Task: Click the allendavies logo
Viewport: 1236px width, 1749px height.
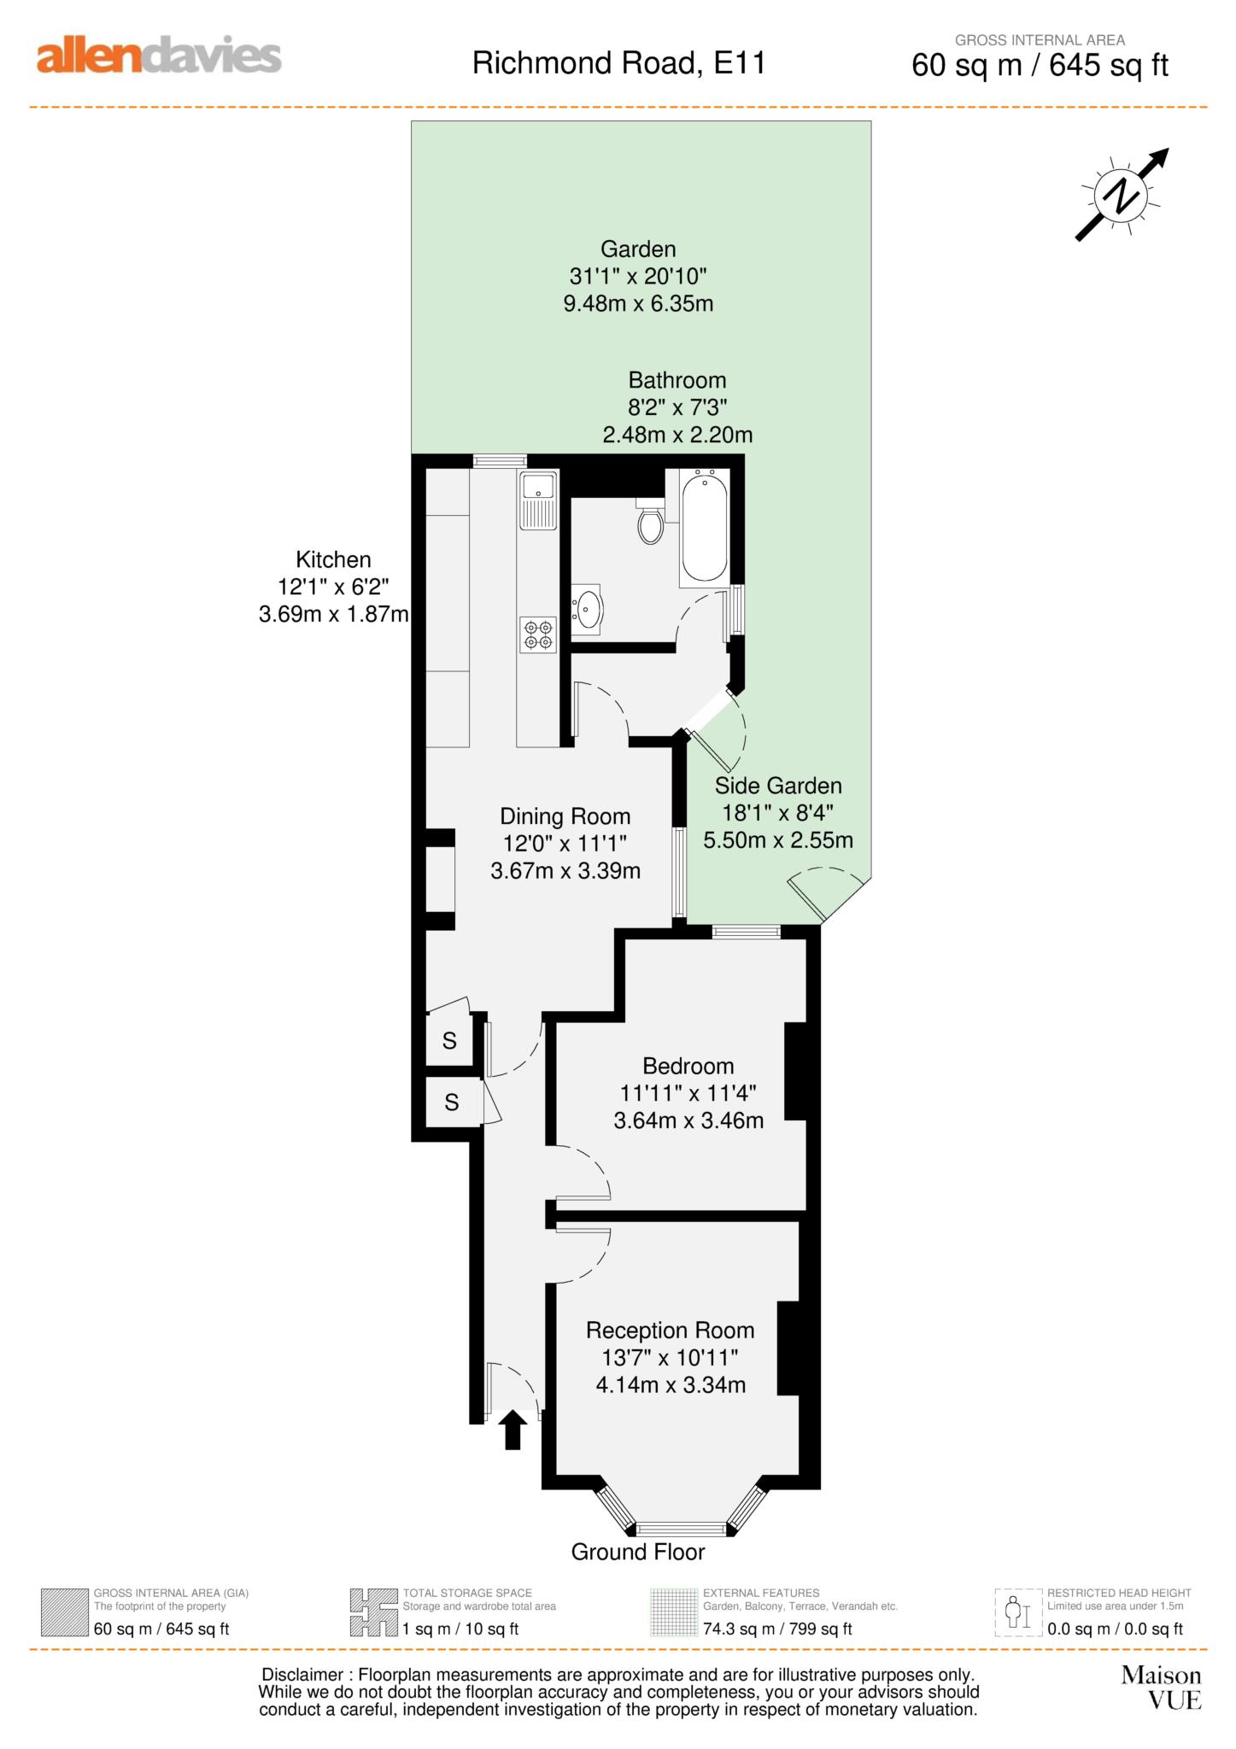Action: coord(159,56)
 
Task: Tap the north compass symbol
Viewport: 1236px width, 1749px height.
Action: coord(1122,196)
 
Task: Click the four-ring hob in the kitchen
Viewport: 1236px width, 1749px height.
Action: coord(538,635)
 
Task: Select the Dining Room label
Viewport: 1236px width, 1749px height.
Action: coord(565,816)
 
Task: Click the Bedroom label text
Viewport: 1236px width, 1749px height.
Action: coord(688,1066)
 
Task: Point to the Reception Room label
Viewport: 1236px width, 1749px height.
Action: coord(670,1331)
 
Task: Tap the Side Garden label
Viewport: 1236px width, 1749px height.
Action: coord(778,786)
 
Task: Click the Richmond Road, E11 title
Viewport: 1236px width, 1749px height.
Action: coord(618,63)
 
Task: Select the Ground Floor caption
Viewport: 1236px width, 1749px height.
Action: coord(638,1552)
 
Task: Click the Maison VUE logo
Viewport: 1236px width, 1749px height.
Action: coord(1162,1688)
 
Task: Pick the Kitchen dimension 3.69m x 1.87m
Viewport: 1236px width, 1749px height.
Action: coord(333,614)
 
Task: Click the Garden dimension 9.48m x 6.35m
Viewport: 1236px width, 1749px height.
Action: coord(638,303)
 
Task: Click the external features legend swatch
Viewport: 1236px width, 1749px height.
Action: coord(674,1612)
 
